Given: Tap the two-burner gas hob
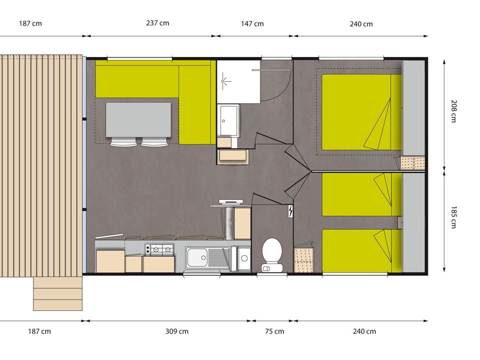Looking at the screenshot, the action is [159, 250].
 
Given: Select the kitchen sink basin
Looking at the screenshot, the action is [197, 257].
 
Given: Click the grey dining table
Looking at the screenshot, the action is [138, 119].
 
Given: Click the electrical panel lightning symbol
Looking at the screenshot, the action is [290, 211].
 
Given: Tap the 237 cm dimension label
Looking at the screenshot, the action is [157, 23].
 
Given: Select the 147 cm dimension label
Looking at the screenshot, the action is [252, 23].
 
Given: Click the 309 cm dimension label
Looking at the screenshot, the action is [177, 331].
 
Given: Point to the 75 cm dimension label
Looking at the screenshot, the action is [274, 331].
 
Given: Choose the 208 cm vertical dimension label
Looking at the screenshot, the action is [453, 111].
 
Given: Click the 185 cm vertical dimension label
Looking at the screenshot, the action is [453, 217].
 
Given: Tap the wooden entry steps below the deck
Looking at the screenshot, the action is [57, 293].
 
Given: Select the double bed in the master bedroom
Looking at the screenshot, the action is [361, 112].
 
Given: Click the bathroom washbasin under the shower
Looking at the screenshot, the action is [228, 120].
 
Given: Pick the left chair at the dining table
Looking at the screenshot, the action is [123, 142].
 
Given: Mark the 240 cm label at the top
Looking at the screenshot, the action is [361, 24].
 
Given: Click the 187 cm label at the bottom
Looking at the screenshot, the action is [39, 331].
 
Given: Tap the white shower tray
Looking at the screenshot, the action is [238, 81].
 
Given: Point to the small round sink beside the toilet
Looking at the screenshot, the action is [244, 258].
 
